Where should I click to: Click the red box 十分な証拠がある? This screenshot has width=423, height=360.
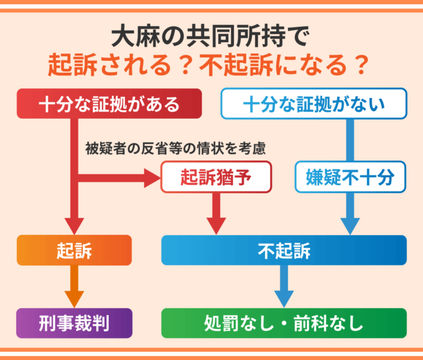[109, 104]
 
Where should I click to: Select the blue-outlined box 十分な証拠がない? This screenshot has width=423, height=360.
[314, 104]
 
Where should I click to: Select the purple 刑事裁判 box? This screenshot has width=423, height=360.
[74, 323]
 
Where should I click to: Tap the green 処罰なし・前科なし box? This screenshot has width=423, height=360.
[284, 323]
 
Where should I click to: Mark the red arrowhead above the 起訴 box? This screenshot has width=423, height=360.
[74, 224]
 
